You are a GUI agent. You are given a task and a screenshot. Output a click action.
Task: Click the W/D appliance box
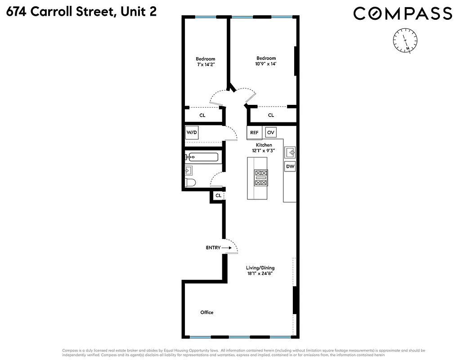pos(192,133)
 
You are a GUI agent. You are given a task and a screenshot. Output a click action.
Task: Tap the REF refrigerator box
pos(254,133)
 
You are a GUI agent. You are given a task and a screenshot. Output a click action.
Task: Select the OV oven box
pos(270,133)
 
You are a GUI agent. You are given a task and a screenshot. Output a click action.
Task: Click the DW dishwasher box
pos(290,166)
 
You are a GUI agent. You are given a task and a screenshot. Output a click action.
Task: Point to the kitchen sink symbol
pos(290,152)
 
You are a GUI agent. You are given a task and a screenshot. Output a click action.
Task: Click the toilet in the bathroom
pos(191,183)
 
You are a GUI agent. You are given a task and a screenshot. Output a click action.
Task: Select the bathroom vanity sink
pos(189,171)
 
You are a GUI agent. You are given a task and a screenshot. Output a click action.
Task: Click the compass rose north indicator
pos(406,40)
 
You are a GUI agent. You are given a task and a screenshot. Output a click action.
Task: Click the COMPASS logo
pos(402,13)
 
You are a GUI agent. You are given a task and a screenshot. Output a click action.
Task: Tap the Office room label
pos(207,312)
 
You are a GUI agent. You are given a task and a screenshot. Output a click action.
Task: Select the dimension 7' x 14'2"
pos(205,65)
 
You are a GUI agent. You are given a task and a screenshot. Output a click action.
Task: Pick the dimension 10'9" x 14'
pos(266,64)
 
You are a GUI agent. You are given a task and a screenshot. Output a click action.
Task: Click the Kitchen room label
pos(264,145)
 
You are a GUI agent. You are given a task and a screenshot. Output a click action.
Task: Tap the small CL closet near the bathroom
pos(218,196)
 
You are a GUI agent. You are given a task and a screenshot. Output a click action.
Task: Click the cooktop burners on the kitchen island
pos(261,178)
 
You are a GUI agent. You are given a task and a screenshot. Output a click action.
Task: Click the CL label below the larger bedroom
pos(271,115)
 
